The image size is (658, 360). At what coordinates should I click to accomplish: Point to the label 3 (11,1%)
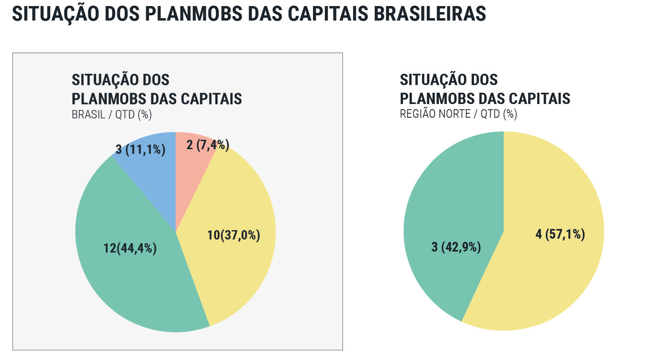pyautogui.click(x=140, y=150)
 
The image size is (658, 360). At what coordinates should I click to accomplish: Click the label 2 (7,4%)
pyautogui.click(x=208, y=145)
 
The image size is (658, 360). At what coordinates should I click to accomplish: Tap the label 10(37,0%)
pyautogui.click(x=234, y=235)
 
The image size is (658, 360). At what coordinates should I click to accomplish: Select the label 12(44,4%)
pyautogui.click(x=130, y=248)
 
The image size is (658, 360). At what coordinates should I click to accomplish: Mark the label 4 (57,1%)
pyautogui.click(x=560, y=234)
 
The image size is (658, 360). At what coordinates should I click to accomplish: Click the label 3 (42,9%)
pyautogui.click(x=456, y=247)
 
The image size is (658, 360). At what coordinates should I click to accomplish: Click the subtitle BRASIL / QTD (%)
pyautogui.click(x=112, y=114)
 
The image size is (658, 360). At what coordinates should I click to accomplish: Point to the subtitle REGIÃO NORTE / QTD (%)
pyautogui.click(x=458, y=114)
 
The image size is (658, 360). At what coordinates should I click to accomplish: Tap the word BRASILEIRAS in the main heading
pyautogui.click(x=430, y=14)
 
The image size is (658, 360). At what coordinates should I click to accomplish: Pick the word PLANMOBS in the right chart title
pyautogui.click(x=437, y=99)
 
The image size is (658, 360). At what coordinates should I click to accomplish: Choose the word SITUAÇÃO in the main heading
pyautogui.click(x=56, y=14)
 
